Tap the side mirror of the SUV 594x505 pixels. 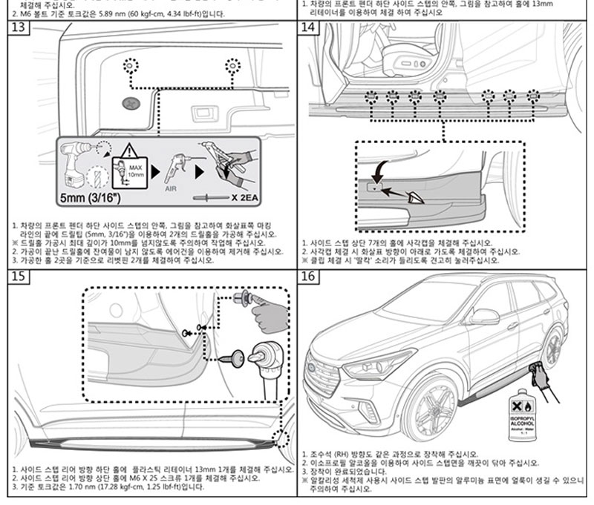483,317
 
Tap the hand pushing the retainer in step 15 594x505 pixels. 269,315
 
